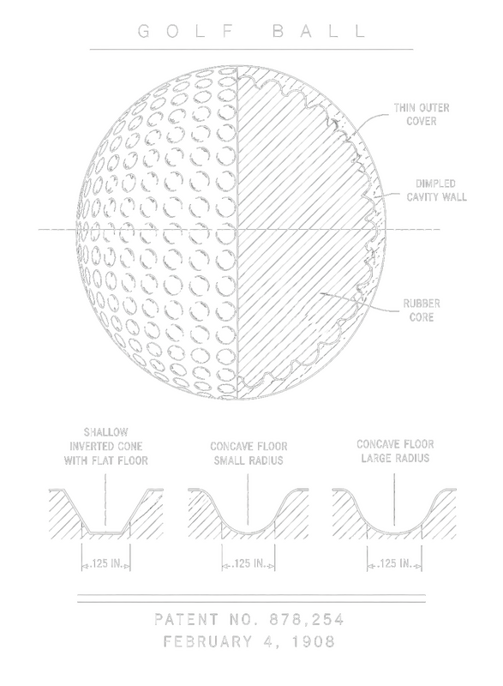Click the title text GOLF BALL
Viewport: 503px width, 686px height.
click(x=252, y=31)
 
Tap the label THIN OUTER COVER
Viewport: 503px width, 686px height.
click(x=422, y=114)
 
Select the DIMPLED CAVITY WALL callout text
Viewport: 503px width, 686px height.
click(x=436, y=190)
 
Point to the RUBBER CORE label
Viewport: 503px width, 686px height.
click(x=422, y=310)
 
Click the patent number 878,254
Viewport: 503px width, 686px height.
click(x=307, y=619)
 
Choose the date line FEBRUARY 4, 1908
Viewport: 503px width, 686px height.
click(x=249, y=641)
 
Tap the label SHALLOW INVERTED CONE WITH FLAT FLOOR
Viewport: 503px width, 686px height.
click(x=105, y=446)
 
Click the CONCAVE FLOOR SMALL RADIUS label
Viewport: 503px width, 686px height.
click(x=249, y=454)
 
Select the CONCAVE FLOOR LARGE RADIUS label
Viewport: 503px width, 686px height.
click(x=395, y=451)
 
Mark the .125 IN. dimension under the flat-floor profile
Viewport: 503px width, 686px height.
click(x=105, y=563)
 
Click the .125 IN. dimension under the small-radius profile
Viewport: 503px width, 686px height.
click(x=249, y=563)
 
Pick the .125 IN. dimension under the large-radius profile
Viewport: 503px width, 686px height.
click(x=395, y=563)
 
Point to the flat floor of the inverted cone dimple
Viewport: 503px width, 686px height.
click(x=105, y=533)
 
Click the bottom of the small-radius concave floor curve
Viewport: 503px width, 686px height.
click(x=248, y=533)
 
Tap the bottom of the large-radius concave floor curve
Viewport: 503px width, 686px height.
click(x=394, y=533)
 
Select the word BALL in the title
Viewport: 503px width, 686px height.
click(x=320, y=31)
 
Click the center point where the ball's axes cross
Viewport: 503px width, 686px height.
click(x=237, y=229)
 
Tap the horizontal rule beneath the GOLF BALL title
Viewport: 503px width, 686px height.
click(x=251, y=50)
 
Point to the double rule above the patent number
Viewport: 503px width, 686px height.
click(x=251, y=599)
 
